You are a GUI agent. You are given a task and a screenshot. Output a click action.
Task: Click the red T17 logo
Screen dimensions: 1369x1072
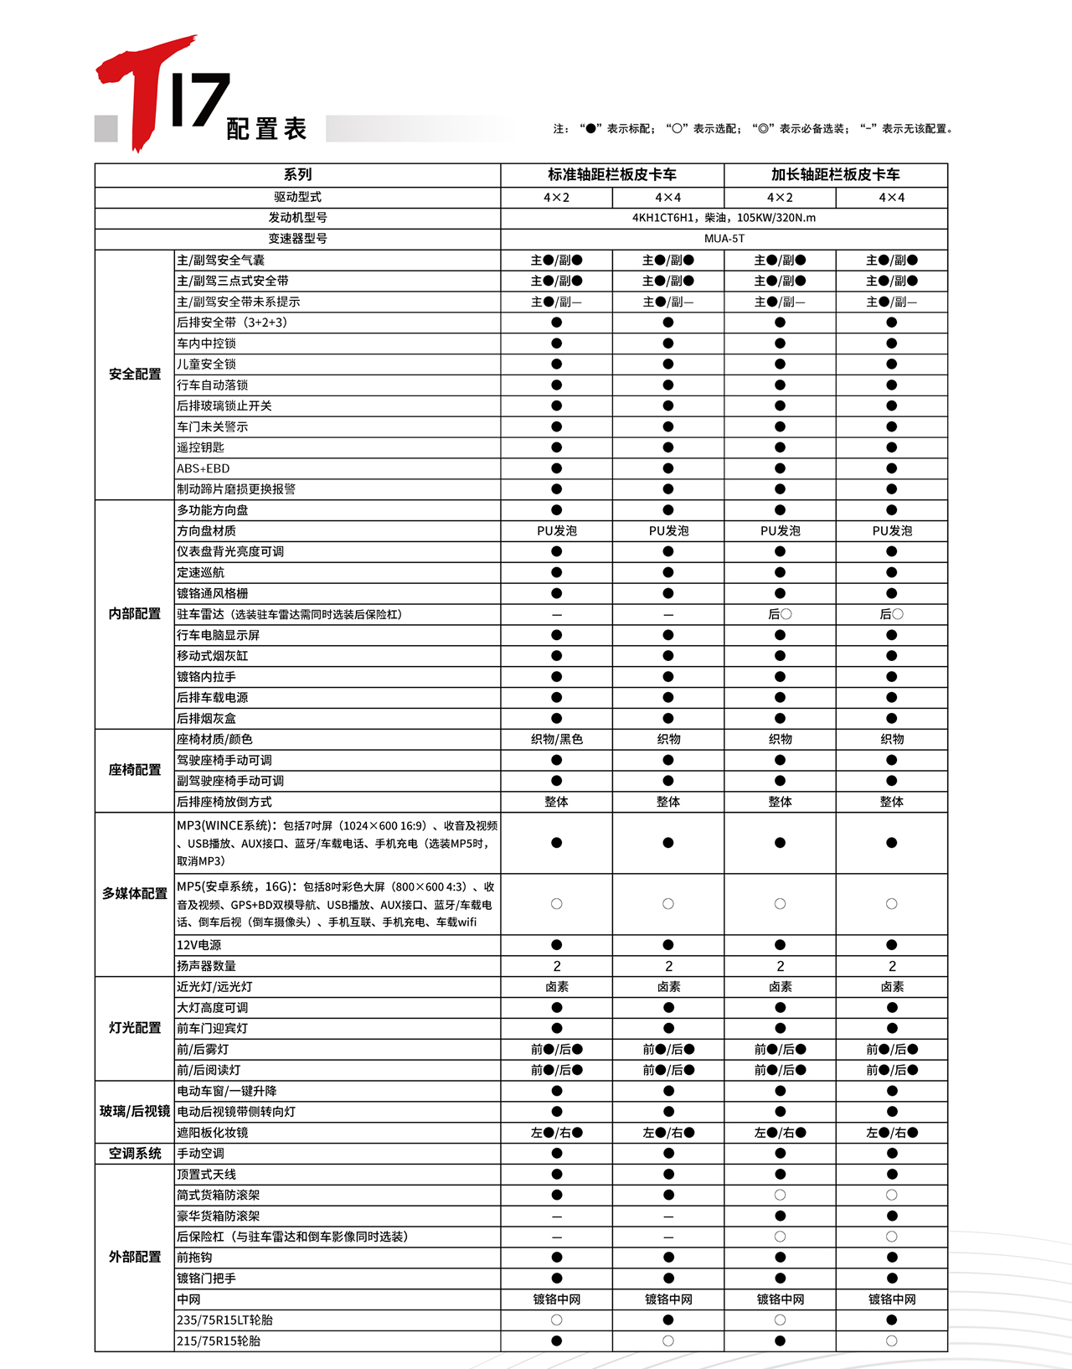[x=159, y=92]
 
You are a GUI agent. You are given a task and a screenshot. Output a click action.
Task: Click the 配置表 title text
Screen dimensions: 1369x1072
[x=266, y=129]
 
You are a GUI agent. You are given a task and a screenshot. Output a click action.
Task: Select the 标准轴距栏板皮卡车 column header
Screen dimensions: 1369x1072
[x=612, y=174]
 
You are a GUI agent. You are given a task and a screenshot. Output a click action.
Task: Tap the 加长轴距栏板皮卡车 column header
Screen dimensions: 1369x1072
[x=835, y=174]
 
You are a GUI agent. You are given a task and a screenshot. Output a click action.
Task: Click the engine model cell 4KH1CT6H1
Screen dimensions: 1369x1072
[x=724, y=218]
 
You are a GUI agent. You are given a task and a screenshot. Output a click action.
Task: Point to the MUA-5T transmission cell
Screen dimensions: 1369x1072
[x=724, y=239]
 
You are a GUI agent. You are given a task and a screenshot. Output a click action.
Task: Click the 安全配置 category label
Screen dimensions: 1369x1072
[x=135, y=375]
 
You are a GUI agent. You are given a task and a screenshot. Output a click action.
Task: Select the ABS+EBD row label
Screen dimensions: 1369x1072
[x=204, y=468]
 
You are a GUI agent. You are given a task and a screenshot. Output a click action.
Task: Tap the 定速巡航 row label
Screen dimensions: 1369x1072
[x=201, y=572]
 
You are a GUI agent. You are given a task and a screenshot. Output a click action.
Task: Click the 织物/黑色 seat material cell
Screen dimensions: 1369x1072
[x=557, y=739]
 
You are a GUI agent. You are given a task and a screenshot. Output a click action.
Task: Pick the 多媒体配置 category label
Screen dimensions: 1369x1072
[x=135, y=894]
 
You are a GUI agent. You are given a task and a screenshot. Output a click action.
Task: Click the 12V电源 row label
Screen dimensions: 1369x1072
[x=199, y=945]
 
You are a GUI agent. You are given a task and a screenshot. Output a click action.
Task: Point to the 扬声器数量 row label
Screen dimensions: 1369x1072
[x=207, y=966]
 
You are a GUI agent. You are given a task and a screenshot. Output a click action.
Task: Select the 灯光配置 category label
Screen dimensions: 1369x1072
[x=135, y=1028]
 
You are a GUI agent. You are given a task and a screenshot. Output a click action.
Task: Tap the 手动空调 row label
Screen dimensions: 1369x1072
[x=201, y=1154]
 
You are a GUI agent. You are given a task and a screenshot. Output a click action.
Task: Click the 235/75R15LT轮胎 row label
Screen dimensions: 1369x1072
[x=225, y=1320]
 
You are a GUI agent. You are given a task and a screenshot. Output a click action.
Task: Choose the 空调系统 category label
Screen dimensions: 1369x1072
[x=135, y=1154]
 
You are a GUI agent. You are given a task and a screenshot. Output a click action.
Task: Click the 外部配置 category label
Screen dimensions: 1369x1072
[x=135, y=1257]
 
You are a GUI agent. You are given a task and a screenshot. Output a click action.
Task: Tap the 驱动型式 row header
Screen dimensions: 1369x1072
[x=297, y=198]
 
